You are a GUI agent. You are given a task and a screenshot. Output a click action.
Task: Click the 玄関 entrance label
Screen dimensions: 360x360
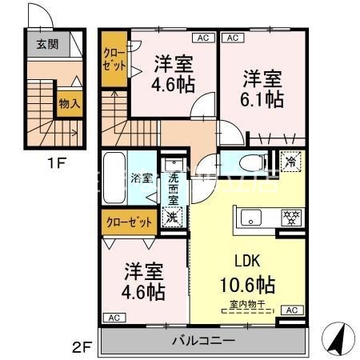click(46, 45)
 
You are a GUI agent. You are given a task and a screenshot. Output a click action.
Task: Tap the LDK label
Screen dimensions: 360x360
click(247, 261)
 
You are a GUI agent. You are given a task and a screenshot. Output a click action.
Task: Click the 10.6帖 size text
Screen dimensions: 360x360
click(247, 285)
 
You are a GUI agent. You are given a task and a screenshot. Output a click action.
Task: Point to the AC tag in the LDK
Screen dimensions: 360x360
click(292, 310)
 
